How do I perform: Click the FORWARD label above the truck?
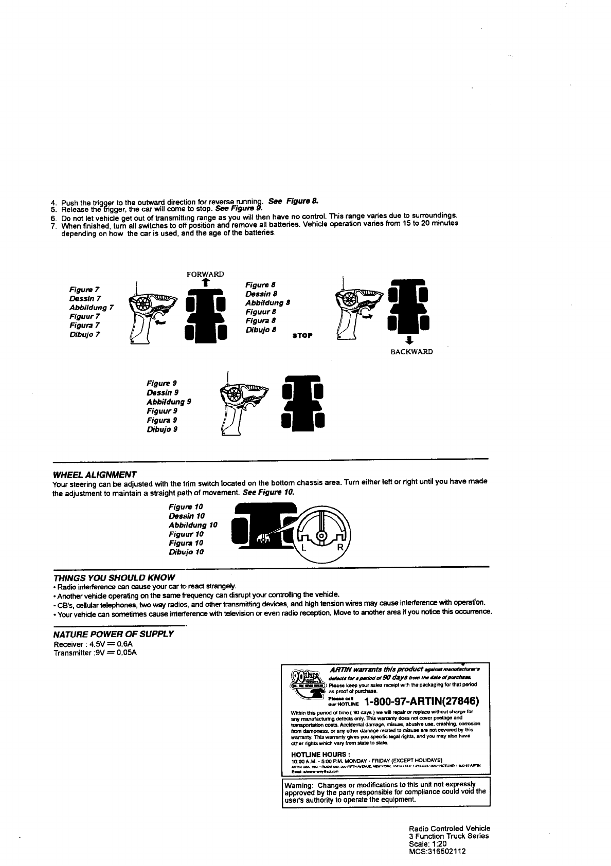point(205,274)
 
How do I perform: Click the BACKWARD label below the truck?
point(411,352)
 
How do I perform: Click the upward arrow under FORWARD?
point(205,282)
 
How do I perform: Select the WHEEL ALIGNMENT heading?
point(95,474)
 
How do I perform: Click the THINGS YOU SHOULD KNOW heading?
point(114,577)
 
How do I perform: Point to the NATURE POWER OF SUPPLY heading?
point(113,634)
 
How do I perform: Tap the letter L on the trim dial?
point(303,548)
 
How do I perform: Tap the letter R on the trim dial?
point(339,548)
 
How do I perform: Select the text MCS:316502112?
point(437,851)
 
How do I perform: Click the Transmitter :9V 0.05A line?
point(90,653)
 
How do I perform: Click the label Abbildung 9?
point(169,402)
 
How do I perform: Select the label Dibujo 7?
point(85,334)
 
